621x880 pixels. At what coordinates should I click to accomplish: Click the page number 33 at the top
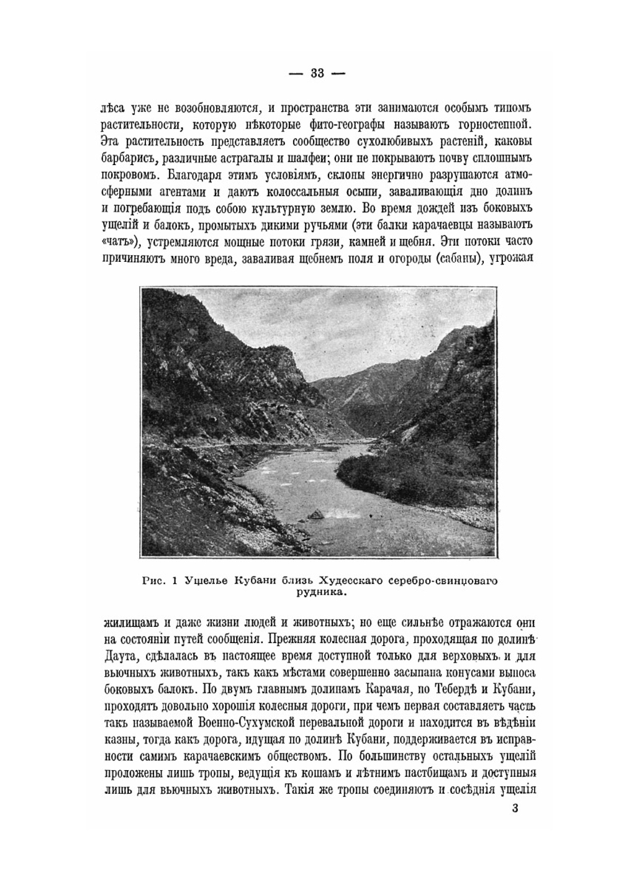tap(317, 73)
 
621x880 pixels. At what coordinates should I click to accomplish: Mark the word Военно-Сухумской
tap(248, 724)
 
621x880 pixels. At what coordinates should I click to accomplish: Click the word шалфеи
tap(311, 155)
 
